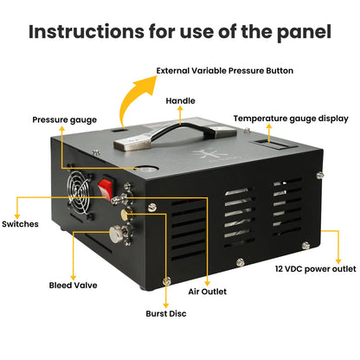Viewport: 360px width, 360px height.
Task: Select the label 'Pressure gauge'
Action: pyautogui.click(x=65, y=119)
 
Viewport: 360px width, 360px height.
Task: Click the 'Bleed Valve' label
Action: pyautogui.click(x=72, y=284)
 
